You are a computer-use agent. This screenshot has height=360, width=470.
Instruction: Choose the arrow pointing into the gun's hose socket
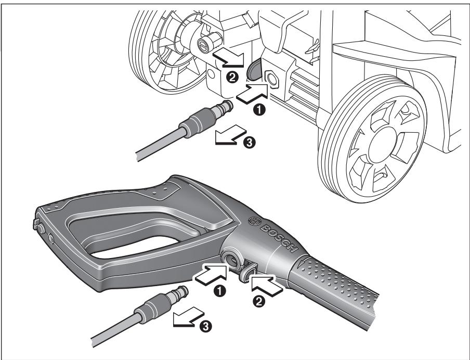[211, 274]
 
